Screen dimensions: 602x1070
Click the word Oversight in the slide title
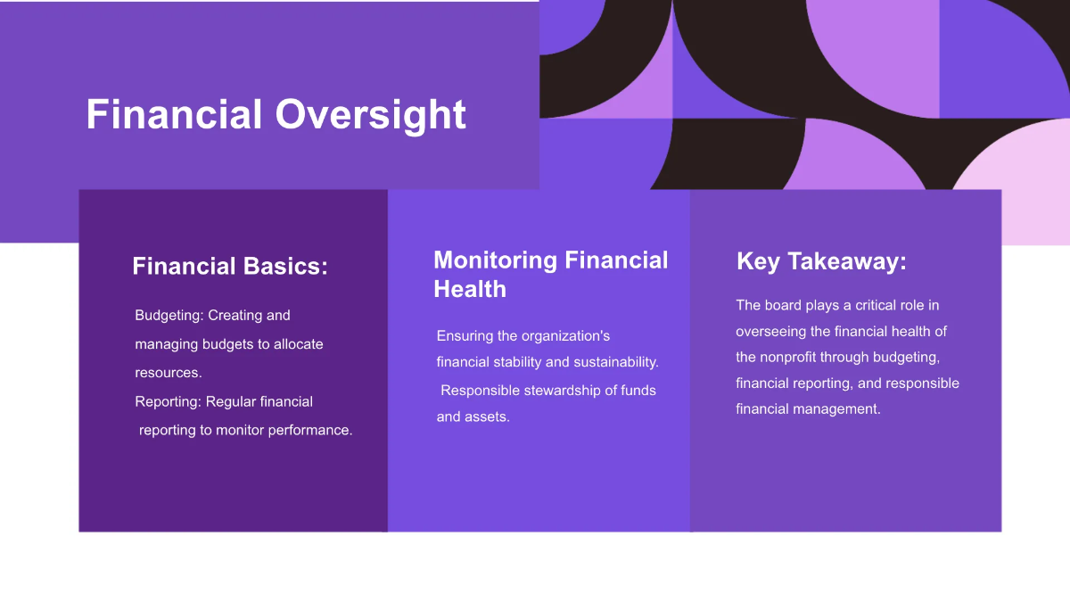(370, 116)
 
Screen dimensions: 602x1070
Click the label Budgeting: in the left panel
(169, 316)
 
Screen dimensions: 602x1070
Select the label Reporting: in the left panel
(169, 402)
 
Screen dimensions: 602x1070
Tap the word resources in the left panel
(167, 373)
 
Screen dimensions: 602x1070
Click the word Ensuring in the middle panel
(464, 336)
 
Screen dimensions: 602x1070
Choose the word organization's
(565, 336)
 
